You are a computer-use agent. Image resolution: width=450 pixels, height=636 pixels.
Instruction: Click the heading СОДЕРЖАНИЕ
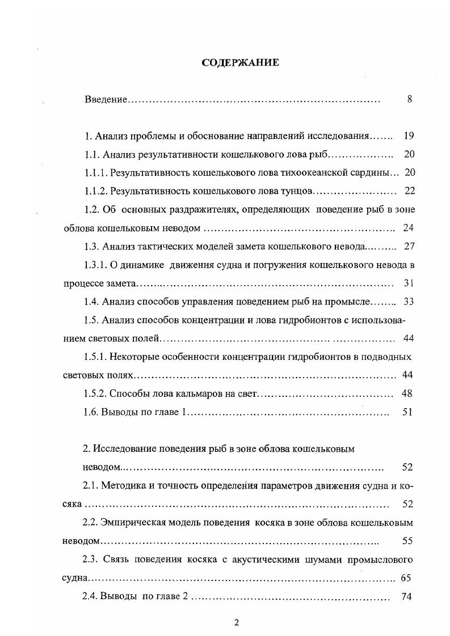[241, 62]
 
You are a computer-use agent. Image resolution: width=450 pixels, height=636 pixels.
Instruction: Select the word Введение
[106, 100]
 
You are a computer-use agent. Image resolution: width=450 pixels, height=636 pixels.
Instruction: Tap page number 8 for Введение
[409, 99]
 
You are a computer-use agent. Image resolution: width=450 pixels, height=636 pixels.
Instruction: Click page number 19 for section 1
[409, 136]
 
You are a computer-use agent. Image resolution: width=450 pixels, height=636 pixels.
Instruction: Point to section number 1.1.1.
[95, 172]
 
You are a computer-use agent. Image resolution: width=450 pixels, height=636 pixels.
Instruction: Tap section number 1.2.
[91, 209]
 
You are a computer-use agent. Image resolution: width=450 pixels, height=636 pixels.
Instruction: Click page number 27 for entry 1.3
[409, 246]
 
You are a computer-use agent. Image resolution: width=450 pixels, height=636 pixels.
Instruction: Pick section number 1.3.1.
[95, 264]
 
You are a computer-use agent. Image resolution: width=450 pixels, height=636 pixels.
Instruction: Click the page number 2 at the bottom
[237, 623]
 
